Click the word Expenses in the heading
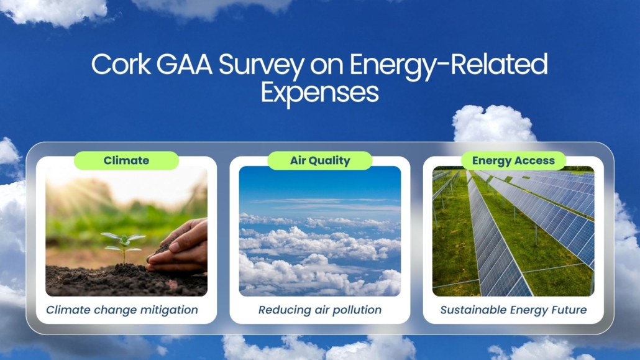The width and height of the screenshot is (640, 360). [319, 92]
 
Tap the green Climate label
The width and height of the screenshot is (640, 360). [126, 160]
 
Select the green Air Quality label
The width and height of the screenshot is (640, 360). [320, 160]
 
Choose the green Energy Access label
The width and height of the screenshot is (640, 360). [513, 160]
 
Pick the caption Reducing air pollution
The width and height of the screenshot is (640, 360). [320, 310]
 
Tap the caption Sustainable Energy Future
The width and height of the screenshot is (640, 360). [513, 310]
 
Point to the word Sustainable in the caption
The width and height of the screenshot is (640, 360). [470, 310]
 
